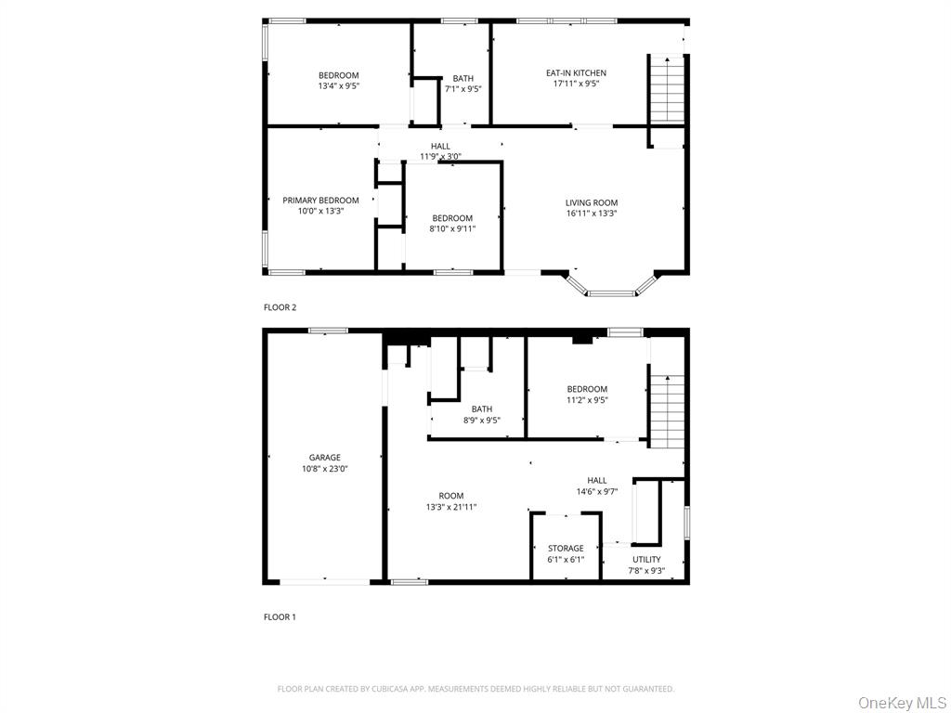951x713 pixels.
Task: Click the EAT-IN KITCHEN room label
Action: point(576,72)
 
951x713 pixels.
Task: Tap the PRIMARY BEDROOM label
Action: point(320,201)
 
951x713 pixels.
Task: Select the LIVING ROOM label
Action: point(592,202)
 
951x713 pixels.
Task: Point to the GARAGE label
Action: point(325,457)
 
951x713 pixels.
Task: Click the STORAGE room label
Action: point(566,549)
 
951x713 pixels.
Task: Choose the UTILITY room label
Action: point(646,559)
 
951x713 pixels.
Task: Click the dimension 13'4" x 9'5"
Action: point(339,86)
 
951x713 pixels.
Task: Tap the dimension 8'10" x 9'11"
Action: point(452,228)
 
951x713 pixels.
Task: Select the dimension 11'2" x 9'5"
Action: point(587,400)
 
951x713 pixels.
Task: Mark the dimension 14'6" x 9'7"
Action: point(596,492)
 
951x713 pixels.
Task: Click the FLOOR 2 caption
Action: point(280,307)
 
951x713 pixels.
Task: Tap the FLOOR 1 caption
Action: point(280,616)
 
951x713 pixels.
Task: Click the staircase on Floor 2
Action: point(666,89)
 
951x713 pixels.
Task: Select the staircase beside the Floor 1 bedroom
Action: point(666,408)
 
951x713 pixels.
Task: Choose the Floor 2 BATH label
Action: point(462,78)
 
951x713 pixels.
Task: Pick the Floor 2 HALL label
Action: point(440,146)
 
